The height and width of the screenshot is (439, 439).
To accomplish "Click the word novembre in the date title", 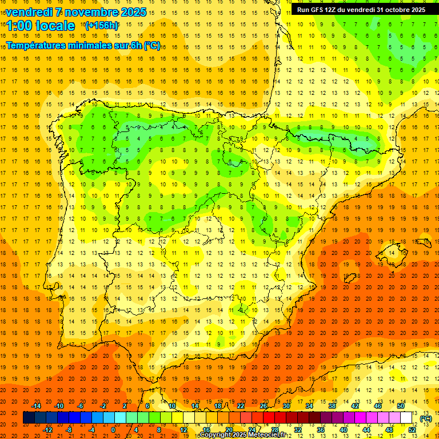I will coord(85,12).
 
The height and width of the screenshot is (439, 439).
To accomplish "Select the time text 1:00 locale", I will coord(41,26).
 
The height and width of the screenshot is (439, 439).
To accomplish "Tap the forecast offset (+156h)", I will coord(101,26).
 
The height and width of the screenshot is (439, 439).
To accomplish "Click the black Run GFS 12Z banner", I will coord(361,10).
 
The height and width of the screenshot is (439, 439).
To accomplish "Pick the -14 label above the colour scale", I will coord(36,406).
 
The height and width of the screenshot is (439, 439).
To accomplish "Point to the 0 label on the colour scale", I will coord(113,429).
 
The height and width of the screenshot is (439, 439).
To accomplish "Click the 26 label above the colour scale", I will coord(264,406).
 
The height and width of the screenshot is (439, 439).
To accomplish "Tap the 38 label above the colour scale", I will coord(332,406).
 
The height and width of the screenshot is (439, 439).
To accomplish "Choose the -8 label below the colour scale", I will coord(69,429).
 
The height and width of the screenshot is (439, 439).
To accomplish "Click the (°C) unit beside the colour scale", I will coord(426,418).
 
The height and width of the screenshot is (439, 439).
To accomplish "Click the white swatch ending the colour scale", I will coord(406,418).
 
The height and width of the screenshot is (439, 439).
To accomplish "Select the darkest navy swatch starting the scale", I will coord(29,418).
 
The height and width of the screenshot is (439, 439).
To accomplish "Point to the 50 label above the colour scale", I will coord(401,406).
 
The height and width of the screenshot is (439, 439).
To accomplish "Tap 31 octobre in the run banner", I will coord(390,10).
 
